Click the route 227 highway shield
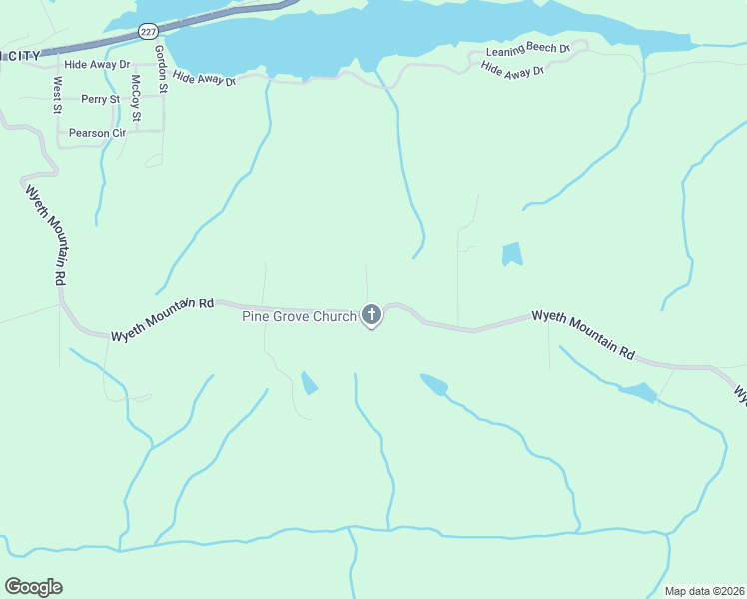(149, 32)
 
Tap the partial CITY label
(22, 55)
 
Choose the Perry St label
(101, 99)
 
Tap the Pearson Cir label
(97, 133)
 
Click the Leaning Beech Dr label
(527, 50)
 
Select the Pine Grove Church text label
(299, 317)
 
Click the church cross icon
(371, 316)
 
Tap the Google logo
(33, 587)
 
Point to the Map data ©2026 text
(704, 591)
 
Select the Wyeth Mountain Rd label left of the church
(163, 319)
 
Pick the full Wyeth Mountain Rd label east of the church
(583, 333)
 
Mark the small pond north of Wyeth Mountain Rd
(512, 254)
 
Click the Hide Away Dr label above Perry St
(97, 64)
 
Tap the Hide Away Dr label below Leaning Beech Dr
(512, 70)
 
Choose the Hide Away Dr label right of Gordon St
(204, 78)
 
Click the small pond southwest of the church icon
(309, 382)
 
